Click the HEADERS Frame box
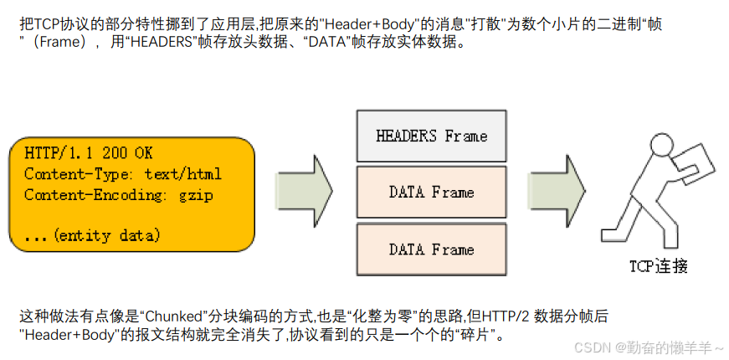tap(431, 136)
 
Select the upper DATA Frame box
tap(431, 193)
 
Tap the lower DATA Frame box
tap(431, 249)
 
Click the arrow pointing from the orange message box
tap(304, 190)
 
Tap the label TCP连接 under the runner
tap(659, 267)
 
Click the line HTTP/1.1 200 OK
tap(89, 154)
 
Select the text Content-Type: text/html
tap(123, 174)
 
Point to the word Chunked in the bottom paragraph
tap(172, 317)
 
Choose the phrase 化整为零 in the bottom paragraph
tap(382, 317)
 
